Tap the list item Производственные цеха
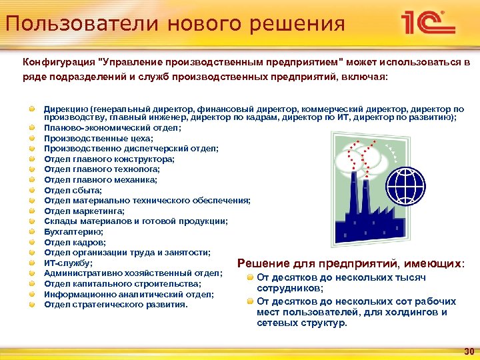[x=99, y=138]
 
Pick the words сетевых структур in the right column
[x=301, y=323]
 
